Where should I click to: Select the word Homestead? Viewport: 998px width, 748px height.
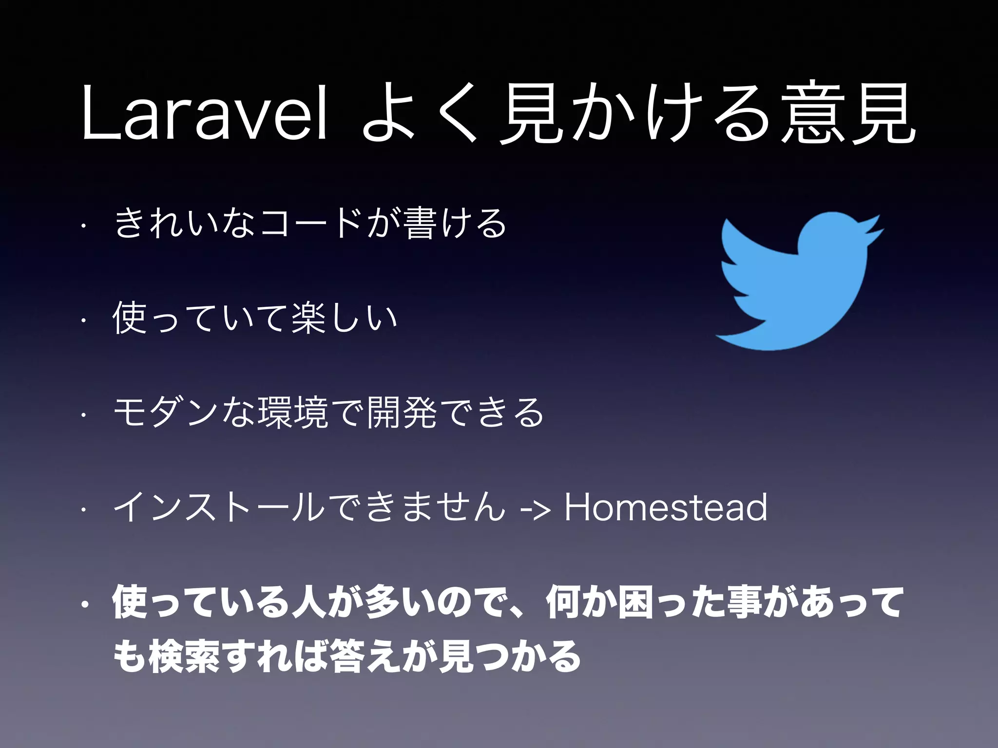click(666, 507)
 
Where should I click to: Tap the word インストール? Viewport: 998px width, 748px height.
click(219, 507)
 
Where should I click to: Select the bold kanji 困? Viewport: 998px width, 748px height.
click(635, 603)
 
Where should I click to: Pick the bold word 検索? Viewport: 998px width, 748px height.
click(185, 656)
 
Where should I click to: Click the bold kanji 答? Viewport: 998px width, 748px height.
click(346, 656)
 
